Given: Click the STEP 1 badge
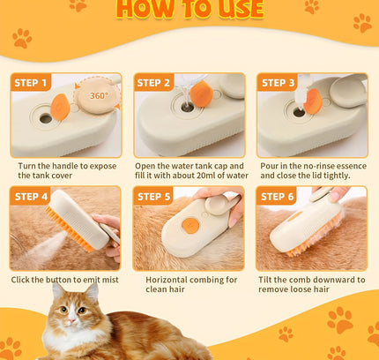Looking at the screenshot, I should pyautogui.click(x=33, y=83).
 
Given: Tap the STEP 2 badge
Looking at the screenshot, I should pyautogui.click(x=154, y=83).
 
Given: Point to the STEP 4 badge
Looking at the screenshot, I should pyautogui.click(x=33, y=196).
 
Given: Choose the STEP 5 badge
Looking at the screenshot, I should pyautogui.click(x=154, y=196).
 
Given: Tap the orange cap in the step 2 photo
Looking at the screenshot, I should pyautogui.click(x=201, y=95).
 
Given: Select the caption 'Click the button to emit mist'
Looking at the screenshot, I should pyautogui.click(x=64, y=280).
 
